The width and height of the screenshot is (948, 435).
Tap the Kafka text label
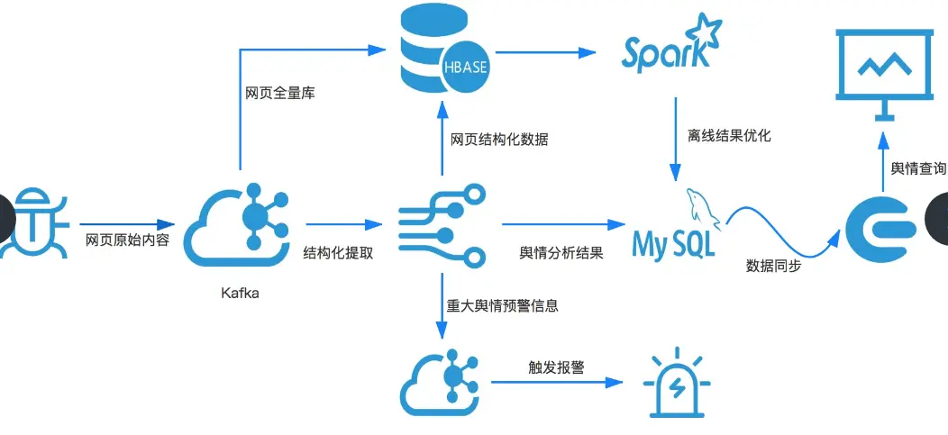coord(240,293)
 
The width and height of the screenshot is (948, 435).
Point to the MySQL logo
coord(676,230)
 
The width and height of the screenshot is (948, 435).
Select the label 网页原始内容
coord(127,241)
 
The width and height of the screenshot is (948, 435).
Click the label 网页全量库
coord(279,93)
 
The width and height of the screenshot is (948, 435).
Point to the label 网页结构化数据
coord(499,140)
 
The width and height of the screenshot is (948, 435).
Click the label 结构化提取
coord(338,253)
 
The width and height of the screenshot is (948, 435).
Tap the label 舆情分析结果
coord(561,253)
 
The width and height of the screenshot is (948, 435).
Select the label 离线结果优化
coord(729,137)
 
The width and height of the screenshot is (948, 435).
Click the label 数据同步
coord(774,266)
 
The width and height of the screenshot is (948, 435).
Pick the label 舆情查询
coord(917,168)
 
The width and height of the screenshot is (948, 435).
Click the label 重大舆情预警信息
coord(503,305)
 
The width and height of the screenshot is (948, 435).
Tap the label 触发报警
coord(557,367)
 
